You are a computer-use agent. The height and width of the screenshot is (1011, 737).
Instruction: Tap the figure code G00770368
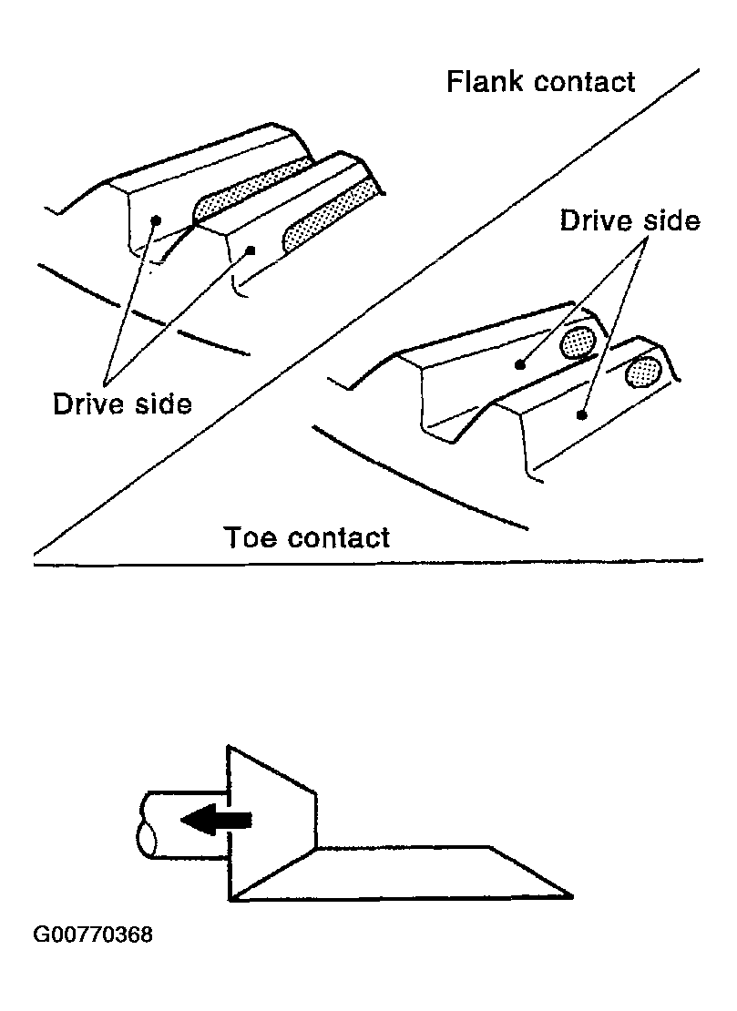coord(93,934)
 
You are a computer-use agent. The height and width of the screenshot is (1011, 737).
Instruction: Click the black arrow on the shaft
coord(215,820)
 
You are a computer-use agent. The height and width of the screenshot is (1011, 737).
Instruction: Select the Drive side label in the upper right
coord(630,220)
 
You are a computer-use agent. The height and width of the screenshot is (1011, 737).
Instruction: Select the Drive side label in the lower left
coord(123,403)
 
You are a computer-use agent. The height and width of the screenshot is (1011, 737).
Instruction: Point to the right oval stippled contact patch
coord(644,372)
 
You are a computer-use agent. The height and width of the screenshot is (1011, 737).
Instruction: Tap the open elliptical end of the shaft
coord(145,837)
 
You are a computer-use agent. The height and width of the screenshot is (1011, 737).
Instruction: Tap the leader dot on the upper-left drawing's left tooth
coord(157,220)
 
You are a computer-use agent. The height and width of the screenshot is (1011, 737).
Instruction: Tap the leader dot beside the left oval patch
coord(520,365)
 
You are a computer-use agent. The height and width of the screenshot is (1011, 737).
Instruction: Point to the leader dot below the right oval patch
coord(580,415)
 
